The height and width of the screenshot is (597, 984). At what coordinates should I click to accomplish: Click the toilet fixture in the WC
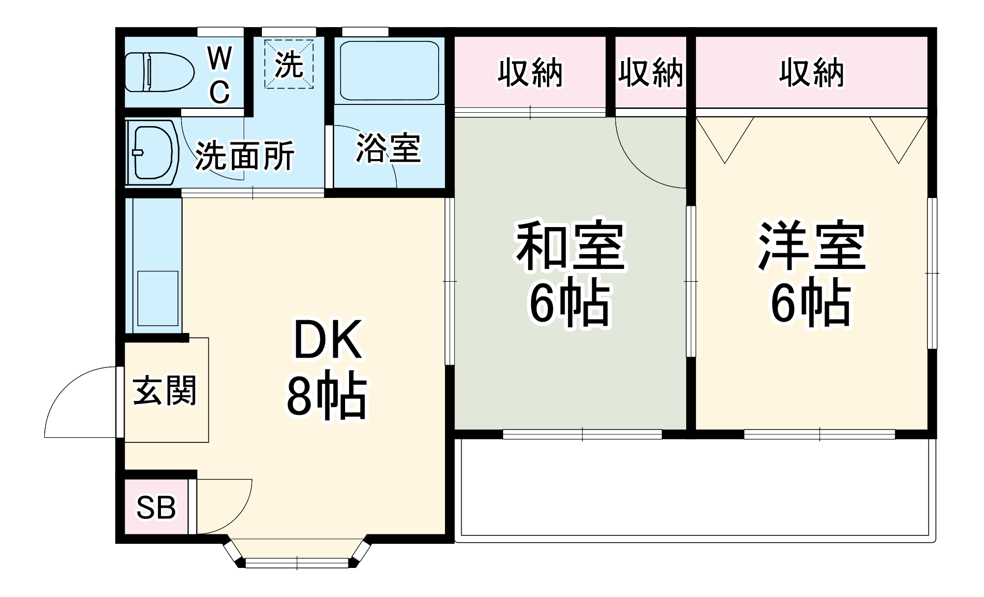(159, 72)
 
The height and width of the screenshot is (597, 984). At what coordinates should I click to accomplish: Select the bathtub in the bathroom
(389, 71)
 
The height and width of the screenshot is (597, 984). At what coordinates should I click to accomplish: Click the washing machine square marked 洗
(289, 64)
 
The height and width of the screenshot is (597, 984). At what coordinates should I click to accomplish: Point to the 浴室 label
(388, 148)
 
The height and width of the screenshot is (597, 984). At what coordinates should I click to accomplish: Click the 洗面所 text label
(245, 156)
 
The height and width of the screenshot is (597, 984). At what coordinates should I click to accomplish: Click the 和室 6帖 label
(570, 274)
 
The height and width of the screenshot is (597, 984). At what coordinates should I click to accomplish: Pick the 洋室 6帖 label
(811, 274)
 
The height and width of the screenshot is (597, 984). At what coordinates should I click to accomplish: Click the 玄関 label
(165, 391)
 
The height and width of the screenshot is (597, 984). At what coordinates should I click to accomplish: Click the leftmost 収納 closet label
(530, 73)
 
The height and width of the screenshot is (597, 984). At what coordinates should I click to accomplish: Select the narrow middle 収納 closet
(650, 73)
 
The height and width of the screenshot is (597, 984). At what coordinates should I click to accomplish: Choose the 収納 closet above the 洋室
(811, 73)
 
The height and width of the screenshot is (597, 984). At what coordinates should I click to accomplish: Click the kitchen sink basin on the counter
(158, 298)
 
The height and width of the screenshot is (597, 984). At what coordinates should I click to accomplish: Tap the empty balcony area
(694, 488)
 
